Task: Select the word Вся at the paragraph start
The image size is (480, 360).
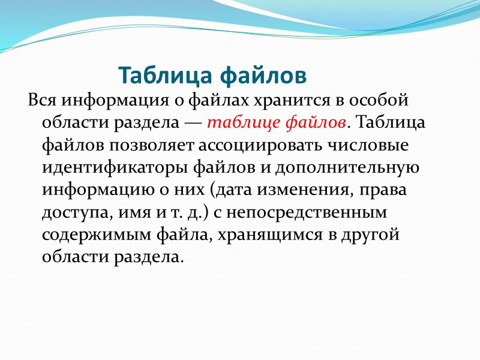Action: click(x=41, y=99)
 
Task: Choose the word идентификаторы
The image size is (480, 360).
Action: click(x=106, y=169)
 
